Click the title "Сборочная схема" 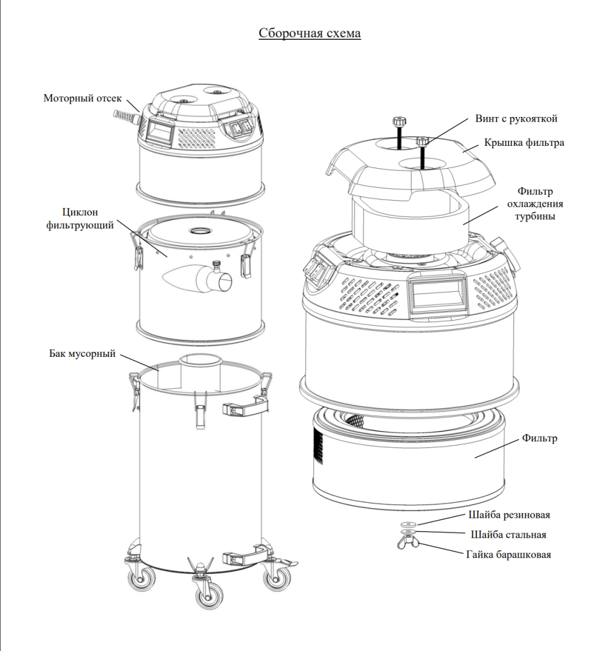point(310,33)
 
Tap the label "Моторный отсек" point(83,98)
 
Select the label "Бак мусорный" point(82,353)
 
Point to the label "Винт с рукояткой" point(516,119)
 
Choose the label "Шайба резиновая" point(508,515)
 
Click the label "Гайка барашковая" point(508,555)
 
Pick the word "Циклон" point(80,212)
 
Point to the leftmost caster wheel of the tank point(140,577)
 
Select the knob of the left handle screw point(398,121)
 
